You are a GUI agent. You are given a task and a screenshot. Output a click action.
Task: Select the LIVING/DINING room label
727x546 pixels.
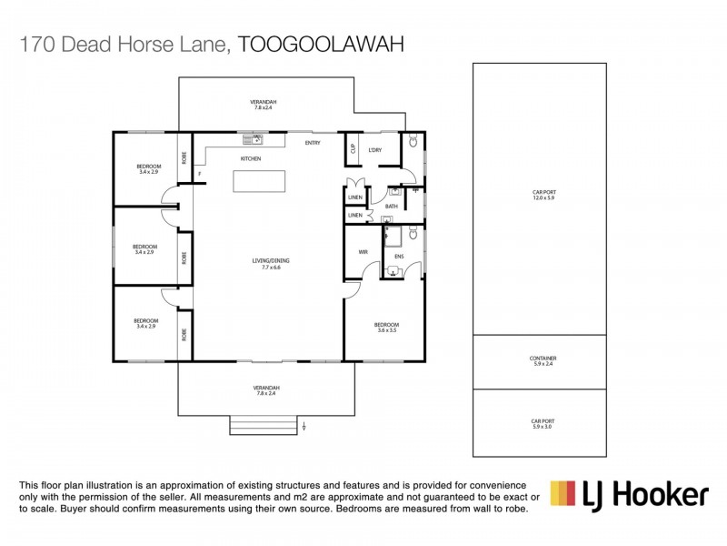270,261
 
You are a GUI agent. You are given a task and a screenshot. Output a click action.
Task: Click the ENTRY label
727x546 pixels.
313,143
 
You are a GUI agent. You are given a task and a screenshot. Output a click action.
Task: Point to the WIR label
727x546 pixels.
363,252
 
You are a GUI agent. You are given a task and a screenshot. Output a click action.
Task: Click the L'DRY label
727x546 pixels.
373,150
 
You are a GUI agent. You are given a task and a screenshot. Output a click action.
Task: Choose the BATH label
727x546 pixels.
392,207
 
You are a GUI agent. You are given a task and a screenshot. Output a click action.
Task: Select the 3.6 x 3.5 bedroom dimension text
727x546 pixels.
388,330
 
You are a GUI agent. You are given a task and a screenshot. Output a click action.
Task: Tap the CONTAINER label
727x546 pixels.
543,359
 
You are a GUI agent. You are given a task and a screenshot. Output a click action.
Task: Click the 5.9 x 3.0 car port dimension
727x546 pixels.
543,426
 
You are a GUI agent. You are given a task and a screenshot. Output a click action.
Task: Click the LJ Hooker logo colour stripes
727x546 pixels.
564,493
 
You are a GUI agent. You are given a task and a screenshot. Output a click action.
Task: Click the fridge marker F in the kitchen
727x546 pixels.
199,175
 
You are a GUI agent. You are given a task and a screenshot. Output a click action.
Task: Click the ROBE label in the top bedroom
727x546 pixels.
184,157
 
